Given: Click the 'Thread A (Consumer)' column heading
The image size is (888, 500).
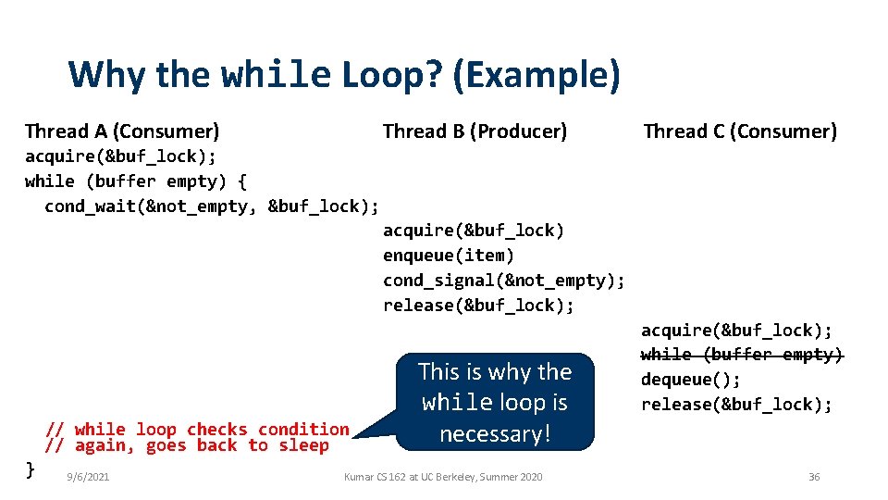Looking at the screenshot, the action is [122, 131].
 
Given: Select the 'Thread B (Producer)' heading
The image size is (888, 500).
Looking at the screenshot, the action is [475, 131].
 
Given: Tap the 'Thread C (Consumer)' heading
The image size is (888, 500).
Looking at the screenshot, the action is [740, 131].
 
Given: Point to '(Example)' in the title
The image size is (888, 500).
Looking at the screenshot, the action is [536, 75].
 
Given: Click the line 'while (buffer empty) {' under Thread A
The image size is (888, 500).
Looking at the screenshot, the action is [136, 181].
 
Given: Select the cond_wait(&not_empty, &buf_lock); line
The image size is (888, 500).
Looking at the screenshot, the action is [212, 206].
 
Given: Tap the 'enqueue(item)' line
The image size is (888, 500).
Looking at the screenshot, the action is [449, 255].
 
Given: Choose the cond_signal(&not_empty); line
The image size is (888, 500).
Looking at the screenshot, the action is [504, 280].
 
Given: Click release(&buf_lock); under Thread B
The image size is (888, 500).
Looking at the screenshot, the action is [479, 305].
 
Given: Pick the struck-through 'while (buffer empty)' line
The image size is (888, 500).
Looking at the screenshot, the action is [742, 355].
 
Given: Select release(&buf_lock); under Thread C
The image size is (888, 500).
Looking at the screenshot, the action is [737, 405].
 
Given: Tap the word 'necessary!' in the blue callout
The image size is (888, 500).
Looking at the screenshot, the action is [495, 433].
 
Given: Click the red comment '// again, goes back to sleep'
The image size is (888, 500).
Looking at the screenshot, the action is [188, 445].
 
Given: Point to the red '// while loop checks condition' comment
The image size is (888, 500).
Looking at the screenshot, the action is [198, 430].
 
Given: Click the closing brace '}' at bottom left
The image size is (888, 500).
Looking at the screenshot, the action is [30, 469].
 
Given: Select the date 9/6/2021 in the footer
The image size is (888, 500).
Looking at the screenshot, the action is [89, 477].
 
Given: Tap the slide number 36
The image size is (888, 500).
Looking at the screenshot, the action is [814, 477].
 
